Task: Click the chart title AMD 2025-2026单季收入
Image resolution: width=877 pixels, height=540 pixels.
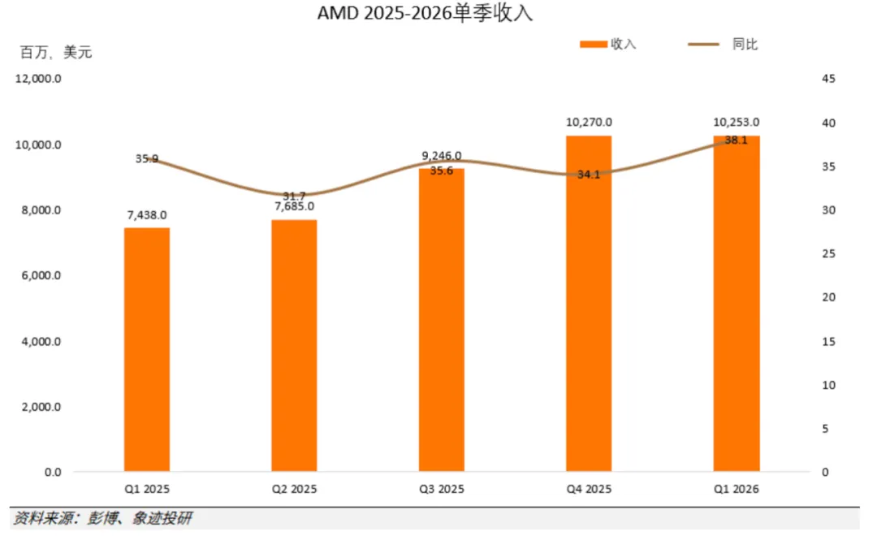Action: [425, 13]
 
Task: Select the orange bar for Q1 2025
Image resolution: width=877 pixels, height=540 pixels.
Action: [146, 350]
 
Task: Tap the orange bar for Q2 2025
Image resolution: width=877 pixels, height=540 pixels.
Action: [294, 346]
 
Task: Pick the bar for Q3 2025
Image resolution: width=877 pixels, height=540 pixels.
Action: [441, 320]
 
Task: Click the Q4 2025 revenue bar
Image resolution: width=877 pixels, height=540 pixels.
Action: [589, 304]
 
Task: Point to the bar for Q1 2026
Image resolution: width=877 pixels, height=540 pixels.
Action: [736, 304]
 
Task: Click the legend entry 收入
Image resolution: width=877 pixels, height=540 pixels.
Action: [608, 44]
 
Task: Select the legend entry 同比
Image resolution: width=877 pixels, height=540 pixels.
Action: [723, 44]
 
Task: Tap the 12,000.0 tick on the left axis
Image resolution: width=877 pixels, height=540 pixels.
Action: [38, 79]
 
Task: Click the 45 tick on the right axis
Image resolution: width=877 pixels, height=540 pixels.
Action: [828, 79]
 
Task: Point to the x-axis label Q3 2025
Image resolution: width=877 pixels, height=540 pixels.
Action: [441, 489]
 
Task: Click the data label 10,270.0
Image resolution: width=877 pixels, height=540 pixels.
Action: [589, 122]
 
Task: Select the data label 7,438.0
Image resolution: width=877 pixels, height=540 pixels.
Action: [146, 215]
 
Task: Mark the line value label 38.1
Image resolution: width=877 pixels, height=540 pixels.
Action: [736, 140]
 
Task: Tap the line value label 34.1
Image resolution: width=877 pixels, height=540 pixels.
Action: [589, 175]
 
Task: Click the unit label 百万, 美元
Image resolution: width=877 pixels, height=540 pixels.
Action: [56, 53]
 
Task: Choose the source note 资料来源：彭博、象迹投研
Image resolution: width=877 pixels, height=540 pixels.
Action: [103, 518]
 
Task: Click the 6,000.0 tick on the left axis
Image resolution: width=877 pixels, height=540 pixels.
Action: [41, 276]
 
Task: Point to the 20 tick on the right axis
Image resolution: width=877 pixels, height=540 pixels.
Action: [828, 298]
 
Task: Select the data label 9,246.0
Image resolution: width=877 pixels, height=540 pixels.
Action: [441, 156]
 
